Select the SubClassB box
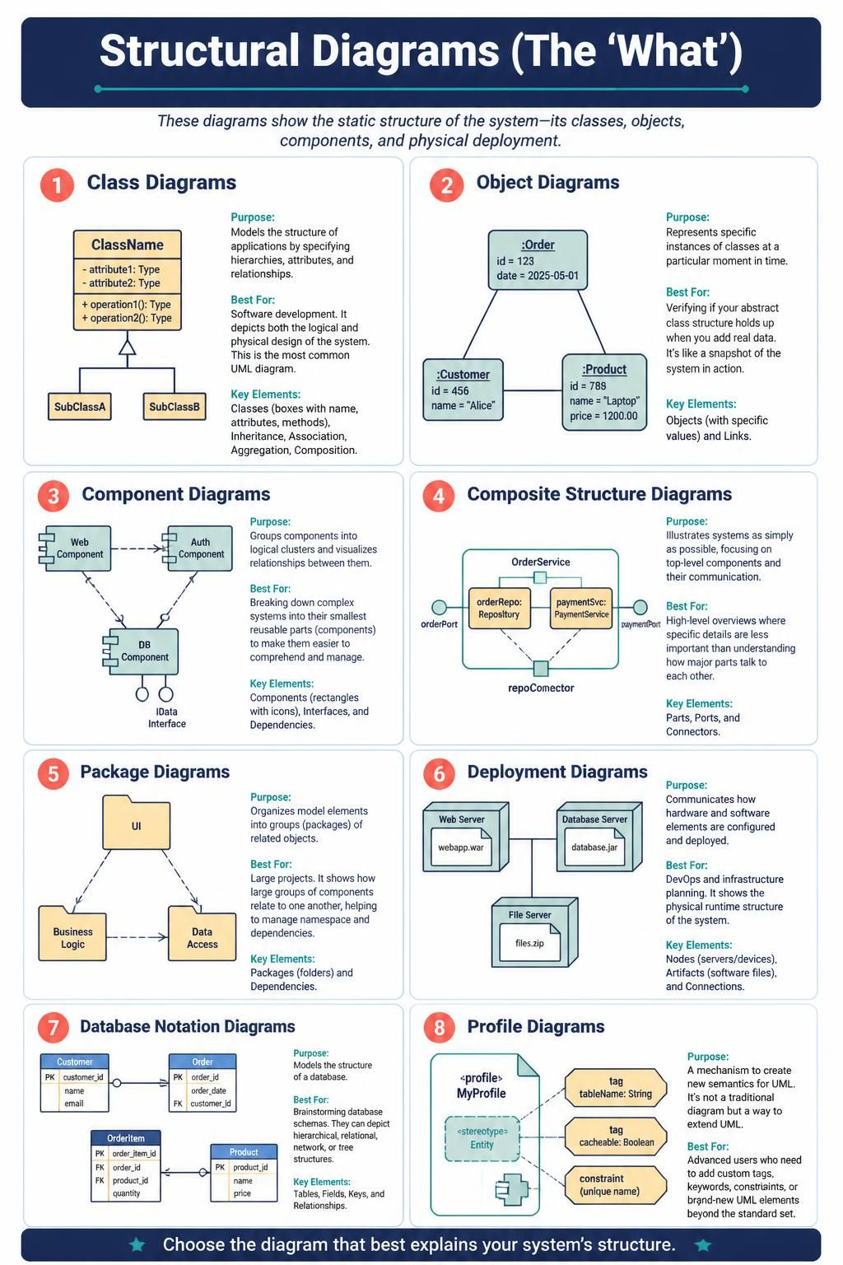174,407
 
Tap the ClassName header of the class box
127,245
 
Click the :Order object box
538,259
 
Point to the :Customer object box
463,390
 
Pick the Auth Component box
198,548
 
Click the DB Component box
141,651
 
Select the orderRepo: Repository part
500,609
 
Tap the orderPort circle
440,607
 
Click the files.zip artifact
529,943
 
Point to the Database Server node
599,837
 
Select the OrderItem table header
126,1138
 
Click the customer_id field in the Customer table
83,1077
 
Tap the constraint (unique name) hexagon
616,1185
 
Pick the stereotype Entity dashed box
482,1138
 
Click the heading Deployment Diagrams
557,772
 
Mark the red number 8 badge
440,1027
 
